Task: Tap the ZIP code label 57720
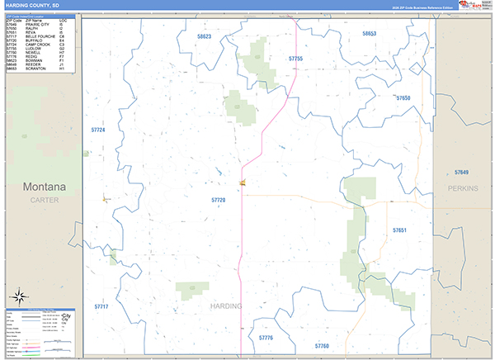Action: coord(219,200)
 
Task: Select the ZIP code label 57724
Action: coord(98,130)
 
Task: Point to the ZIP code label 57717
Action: coord(101,306)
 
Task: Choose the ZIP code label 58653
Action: coord(369,33)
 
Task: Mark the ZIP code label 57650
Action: coord(403,98)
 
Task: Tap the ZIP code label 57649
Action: coord(461,172)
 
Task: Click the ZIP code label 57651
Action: coord(399,230)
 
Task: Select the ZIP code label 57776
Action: coord(266,338)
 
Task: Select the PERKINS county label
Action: coord(462,188)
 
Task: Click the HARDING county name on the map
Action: coord(227,306)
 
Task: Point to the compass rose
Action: coord(20,296)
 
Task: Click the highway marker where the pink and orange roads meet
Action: coord(243,183)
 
